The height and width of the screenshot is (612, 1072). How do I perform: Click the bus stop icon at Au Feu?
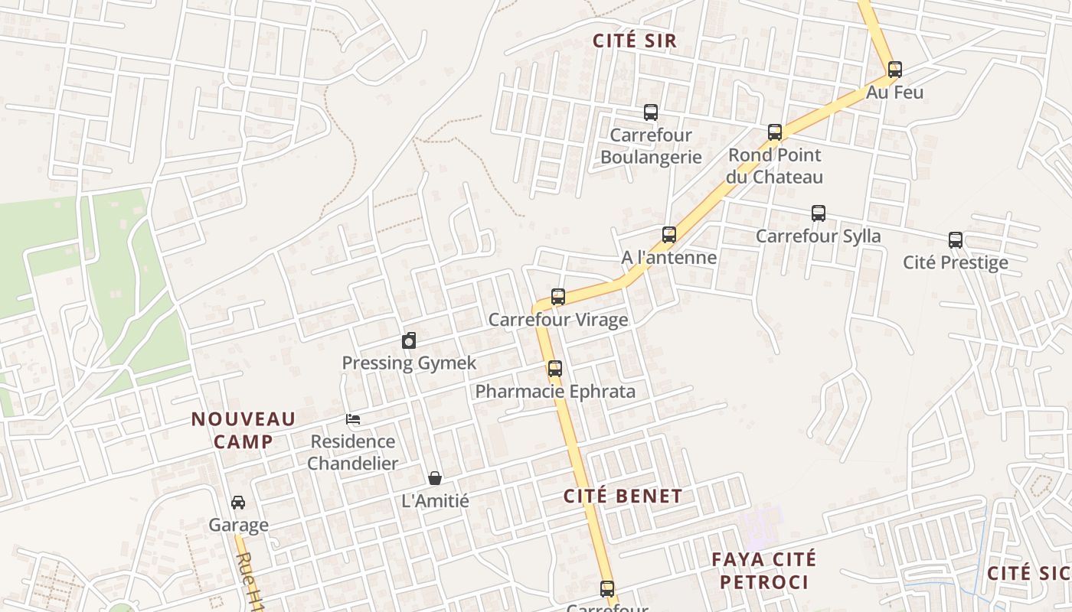click(894, 70)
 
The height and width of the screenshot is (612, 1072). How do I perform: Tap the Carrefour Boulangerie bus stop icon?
click(651, 112)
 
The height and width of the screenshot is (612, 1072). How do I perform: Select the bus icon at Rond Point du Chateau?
click(775, 132)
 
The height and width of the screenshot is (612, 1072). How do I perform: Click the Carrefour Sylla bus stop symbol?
click(819, 213)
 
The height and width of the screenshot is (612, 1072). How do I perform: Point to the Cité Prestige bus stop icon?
click(956, 240)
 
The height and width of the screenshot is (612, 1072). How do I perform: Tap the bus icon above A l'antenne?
click(669, 235)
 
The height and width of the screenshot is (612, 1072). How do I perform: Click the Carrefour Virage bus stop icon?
click(558, 297)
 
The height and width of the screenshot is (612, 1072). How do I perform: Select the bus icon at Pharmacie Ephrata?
click(555, 369)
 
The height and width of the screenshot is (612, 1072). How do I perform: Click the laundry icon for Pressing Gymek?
click(409, 340)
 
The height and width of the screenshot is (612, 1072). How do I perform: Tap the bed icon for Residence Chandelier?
click(353, 419)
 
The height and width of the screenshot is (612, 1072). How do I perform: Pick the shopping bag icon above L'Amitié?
click(435, 479)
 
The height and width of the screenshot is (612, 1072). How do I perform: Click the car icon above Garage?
click(238, 503)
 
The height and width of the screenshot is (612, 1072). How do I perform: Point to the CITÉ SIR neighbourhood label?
click(636, 41)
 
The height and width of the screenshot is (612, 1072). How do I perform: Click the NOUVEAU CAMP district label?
click(243, 430)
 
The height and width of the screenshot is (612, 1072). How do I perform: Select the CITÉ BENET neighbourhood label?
click(623, 496)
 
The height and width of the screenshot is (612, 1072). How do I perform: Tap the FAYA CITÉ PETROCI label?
click(763, 571)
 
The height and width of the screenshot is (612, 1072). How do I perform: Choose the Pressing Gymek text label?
click(409, 363)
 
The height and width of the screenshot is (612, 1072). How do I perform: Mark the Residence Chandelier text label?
click(353, 452)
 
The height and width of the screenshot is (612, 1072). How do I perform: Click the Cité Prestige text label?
click(955, 262)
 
